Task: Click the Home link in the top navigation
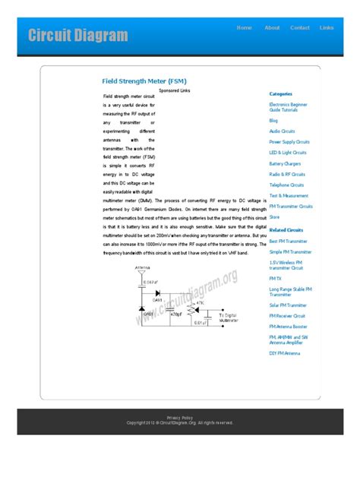tap(245, 27)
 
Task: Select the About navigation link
tap(272, 27)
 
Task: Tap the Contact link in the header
tap(300, 27)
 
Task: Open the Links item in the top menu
tap(327, 27)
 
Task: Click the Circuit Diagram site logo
tap(77, 35)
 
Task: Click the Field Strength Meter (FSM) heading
tap(144, 80)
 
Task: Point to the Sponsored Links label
tap(175, 90)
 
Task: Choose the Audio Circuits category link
tap(283, 131)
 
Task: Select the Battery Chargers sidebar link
tap(285, 163)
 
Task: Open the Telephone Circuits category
tap(286, 185)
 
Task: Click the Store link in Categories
tap(274, 217)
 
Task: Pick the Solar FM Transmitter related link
tap(288, 305)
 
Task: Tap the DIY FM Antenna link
tap(285, 353)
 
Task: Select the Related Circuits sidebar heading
tap(286, 229)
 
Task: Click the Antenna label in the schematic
tap(141, 268)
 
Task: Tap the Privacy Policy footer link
tap(180, 417)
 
